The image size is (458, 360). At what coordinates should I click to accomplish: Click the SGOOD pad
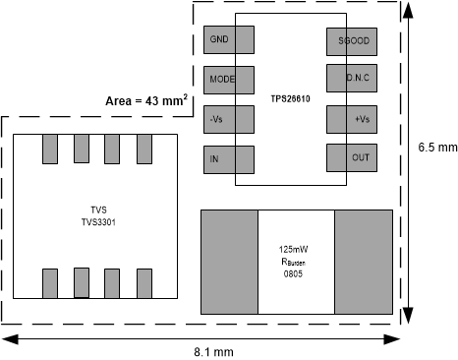tap(352, 40)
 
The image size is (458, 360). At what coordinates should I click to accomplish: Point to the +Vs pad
tap(352, 119)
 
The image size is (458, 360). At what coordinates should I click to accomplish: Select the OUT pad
tap(352, 157)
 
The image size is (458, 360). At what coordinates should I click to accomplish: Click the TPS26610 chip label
tap(292, 99)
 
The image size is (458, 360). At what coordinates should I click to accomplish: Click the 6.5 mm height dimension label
tap(437, 148)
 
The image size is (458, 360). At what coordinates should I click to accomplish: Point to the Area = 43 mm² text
tap(146, 101)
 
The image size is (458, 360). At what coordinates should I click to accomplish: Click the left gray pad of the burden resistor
tap(229, 262)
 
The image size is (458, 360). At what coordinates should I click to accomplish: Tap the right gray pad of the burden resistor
tap(363, 262)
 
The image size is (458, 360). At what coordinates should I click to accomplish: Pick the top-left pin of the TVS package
tap(50, 149)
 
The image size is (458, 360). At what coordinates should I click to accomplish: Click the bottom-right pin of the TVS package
tap(144, 282)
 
